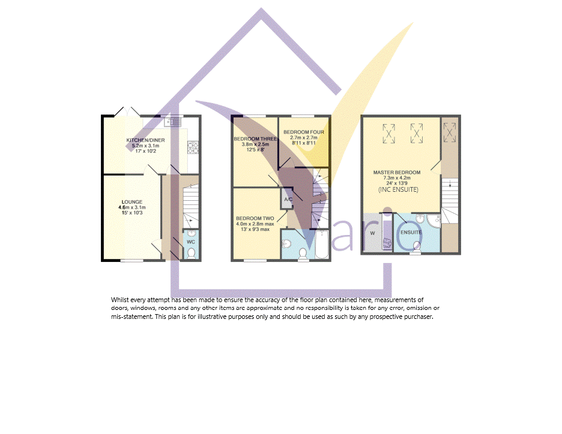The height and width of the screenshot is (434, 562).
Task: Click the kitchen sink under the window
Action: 173,122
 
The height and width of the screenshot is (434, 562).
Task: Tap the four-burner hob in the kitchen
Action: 193,148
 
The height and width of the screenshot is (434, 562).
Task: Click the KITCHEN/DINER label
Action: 145,140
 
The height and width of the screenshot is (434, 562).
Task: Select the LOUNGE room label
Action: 132,202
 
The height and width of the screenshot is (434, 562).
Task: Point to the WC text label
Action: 191,242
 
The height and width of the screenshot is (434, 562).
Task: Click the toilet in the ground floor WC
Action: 192,253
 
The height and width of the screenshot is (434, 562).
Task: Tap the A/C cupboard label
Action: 288,199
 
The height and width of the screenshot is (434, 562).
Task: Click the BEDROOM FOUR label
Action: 304,132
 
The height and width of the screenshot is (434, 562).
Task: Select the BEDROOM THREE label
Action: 255,139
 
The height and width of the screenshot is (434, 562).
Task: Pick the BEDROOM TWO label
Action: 255,218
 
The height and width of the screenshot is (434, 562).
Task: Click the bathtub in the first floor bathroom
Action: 322,245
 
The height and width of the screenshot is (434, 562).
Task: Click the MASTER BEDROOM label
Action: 397,173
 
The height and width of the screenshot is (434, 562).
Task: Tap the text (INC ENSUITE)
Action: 398,189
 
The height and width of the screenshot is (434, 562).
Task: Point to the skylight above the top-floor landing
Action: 450,132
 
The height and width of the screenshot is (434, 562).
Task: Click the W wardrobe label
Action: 372,233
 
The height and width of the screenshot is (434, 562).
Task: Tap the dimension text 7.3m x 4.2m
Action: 397,178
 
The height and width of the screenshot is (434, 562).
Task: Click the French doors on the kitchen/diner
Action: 127,111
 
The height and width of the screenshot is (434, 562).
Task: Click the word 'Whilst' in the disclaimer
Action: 119,300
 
